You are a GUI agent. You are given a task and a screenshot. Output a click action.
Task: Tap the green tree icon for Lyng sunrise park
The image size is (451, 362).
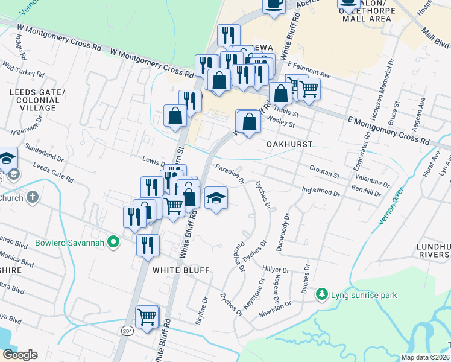(x=323, y=294)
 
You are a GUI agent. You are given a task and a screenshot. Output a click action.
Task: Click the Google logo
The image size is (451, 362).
(x=20, y=355)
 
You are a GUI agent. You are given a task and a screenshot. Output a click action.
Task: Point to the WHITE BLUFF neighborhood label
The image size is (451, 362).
(x=180, y=270)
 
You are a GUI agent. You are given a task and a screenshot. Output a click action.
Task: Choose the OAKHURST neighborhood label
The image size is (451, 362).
(x=289, y=144)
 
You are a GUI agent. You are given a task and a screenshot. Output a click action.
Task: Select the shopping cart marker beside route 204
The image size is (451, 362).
(x=148, y=316)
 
